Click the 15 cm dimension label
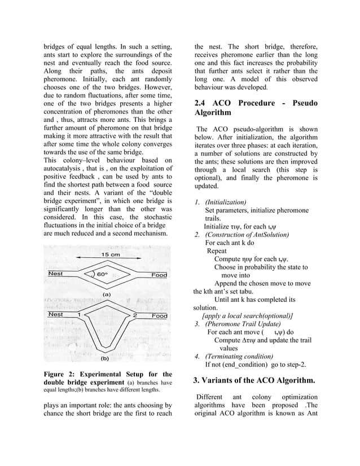pos(110,255)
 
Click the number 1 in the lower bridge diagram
pos(79,314)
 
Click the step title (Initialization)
pos(225,202)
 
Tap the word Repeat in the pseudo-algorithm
pos(217,251)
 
